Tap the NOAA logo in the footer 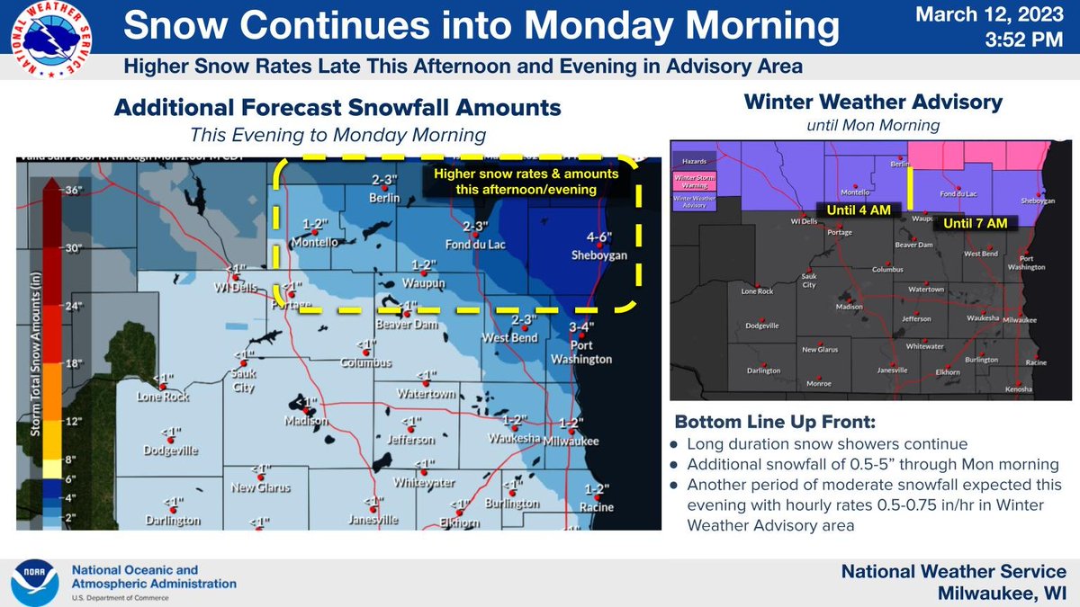point(35,582)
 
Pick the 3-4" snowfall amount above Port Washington point(582,327)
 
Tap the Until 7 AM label point(976,221)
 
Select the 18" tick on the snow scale point(72,362)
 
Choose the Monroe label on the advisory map point(818,383)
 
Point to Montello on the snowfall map point(313,242)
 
